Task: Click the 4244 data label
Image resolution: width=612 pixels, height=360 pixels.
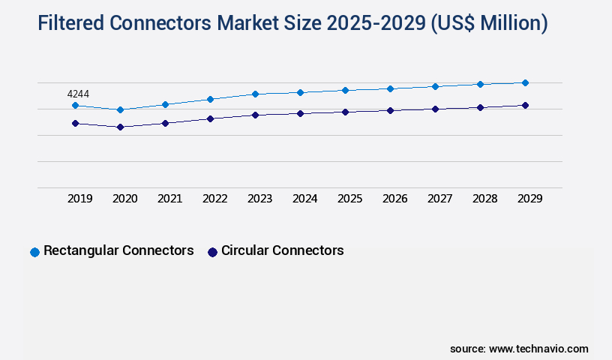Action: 78,94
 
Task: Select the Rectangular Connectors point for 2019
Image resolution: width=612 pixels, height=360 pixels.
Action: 75,106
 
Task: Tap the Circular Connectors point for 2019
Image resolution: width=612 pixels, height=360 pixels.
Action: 75,123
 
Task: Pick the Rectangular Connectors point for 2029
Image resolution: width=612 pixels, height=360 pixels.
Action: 525,82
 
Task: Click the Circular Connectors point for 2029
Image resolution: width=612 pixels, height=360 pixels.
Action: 525,105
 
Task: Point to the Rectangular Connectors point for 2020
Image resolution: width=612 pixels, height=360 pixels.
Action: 120,109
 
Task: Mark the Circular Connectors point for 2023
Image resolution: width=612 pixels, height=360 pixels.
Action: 255,115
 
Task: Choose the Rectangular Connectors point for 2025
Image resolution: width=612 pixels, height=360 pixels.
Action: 345,90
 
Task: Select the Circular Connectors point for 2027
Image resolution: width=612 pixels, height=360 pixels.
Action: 435,109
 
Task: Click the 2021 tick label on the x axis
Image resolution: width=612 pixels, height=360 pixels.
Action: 169,199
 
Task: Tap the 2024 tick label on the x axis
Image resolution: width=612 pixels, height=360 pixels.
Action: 304,199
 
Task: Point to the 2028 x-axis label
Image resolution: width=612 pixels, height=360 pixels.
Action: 484,199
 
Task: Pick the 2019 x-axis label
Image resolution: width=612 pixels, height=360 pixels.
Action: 79,199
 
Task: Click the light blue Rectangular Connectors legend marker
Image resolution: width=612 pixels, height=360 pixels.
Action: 34,252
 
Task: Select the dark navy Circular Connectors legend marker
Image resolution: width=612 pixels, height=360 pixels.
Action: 212,252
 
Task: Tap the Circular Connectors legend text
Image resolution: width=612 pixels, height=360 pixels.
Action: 282,250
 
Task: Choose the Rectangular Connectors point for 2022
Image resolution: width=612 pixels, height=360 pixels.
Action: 210,99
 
